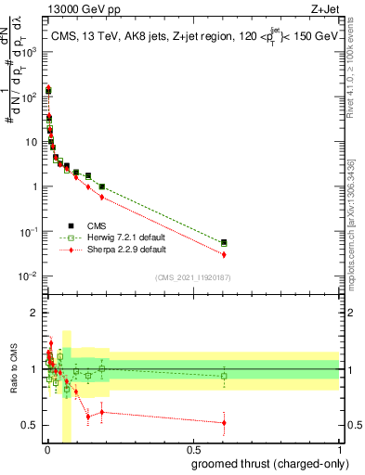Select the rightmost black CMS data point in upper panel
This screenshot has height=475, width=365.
224,242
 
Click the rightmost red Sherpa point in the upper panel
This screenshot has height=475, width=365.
224,255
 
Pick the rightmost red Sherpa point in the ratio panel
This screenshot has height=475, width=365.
224,422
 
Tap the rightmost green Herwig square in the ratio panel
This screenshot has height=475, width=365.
224,376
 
